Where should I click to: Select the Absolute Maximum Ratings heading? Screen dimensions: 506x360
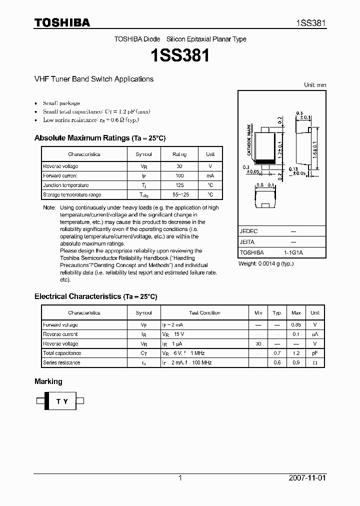coord(99,138)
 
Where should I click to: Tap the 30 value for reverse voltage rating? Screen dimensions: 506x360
coord(179,166)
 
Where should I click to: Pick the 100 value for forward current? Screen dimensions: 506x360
coord(179,175)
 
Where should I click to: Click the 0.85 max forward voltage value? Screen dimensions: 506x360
coord(296,324)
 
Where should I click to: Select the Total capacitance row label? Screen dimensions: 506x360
coord(62,353)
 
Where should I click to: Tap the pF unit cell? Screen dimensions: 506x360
coord(314,353)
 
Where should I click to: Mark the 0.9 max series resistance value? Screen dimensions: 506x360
coord(296,362)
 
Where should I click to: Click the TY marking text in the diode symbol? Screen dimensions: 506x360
coord(61,401)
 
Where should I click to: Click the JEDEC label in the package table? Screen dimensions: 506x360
coord(249,231)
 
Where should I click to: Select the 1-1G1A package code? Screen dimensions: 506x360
coord(293,252)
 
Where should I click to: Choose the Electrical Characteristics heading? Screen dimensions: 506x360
coord(95,296)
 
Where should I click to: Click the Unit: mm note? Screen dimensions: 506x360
coord(315,85)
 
